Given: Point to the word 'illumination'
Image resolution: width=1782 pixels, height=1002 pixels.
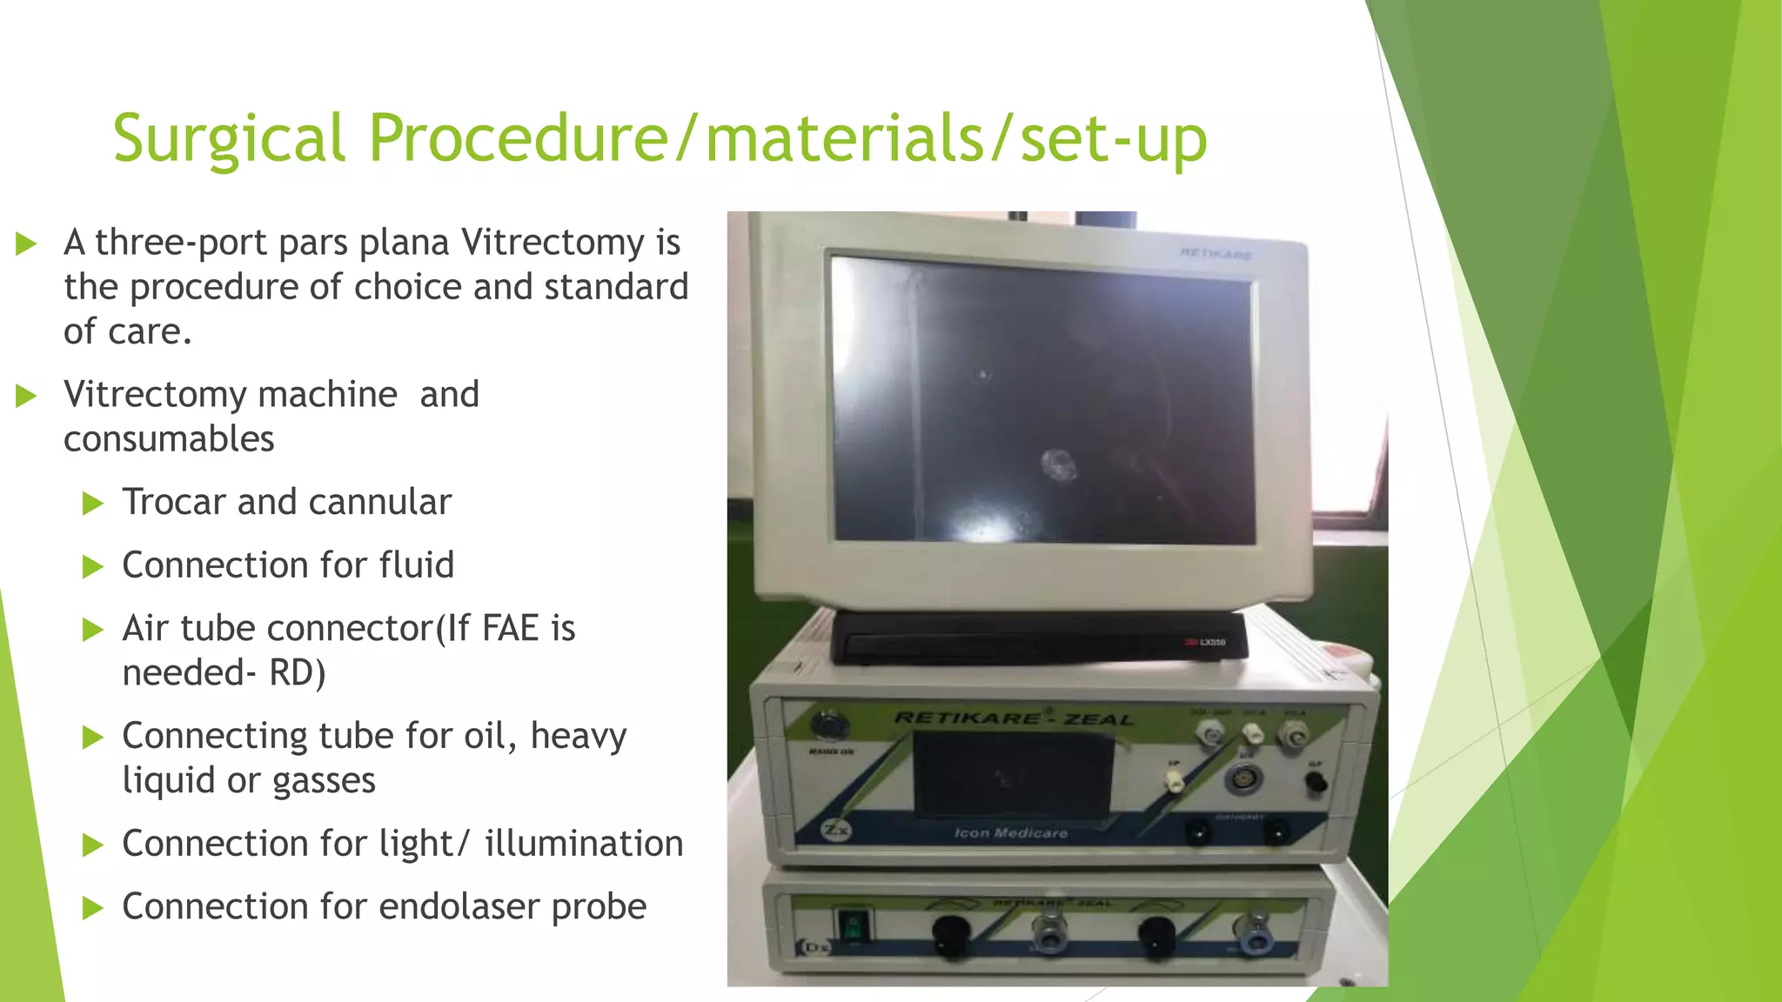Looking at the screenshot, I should (584, 843).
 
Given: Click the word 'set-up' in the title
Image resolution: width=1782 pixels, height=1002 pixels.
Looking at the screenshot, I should (1114, 139).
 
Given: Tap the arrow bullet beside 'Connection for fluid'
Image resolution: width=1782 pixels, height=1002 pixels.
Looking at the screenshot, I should (92, 567).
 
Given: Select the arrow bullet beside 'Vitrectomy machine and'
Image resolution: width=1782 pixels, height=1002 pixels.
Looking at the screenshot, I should (26, 397).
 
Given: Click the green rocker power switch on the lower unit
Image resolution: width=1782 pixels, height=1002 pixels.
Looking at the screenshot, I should (854, 926).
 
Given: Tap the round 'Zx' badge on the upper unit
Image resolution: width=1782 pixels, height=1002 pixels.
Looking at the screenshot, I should (835, 830).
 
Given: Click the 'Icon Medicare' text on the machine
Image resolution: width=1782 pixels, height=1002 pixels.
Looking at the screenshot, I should (1010, 833).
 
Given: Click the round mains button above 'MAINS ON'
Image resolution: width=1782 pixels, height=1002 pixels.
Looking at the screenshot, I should (825, 724).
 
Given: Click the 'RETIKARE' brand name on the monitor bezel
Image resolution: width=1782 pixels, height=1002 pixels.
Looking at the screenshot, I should (1216, 254).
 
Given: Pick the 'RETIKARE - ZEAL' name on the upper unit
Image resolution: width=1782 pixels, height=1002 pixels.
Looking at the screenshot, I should (1014, 718).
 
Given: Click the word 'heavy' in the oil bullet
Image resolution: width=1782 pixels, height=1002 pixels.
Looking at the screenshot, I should (578, 736).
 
